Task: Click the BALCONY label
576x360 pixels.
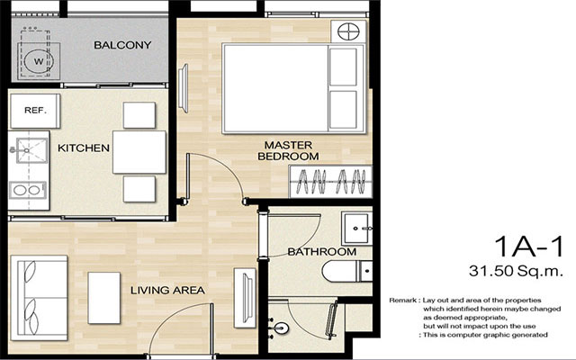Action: (x=122, y=45)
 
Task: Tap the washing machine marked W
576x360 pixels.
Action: (x=39, y=60)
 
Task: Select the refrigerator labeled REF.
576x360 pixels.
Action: (x=35, y=111)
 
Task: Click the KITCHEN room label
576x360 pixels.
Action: (x=84, y=148)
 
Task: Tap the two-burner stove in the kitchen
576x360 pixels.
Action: (x=28, y=190)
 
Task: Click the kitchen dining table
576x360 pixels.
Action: (x=139, y=152)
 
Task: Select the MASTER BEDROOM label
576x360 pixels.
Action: (x=288, y=151)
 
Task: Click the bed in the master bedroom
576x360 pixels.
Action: (x=293, y=88)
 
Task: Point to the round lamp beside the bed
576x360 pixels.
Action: (x=347, y=31)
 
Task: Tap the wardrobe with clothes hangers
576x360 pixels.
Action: (x=331, y=182)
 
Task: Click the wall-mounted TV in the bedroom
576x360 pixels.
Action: (x=184, y=88)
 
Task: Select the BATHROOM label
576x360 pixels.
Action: (x=322, y=252)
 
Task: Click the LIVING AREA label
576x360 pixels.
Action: (x=168, y=290)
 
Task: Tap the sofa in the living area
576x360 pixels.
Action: (x=39, y=298)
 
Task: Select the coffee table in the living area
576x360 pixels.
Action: (x=104, y=298)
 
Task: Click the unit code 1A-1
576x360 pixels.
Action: (x=528, y=247)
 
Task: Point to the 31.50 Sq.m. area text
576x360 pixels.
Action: (x=516, y=271)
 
